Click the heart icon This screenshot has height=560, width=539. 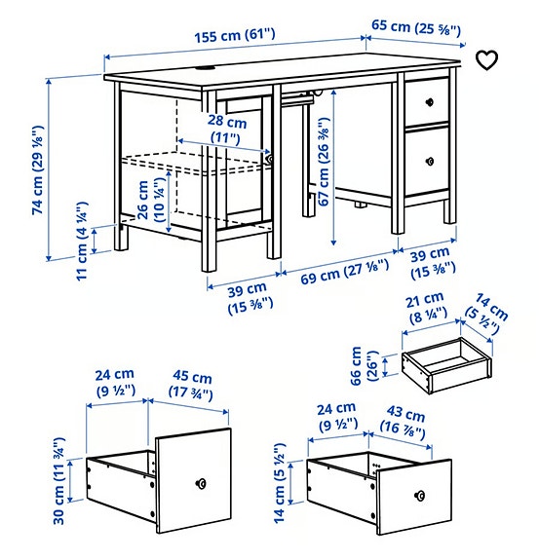(x=486, y=60)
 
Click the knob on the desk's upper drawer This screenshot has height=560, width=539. (x=429, y=101)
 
